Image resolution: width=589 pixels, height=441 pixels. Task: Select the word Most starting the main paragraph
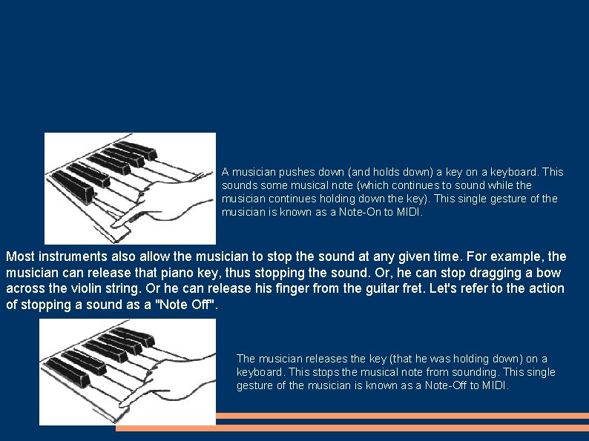[20, 257]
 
